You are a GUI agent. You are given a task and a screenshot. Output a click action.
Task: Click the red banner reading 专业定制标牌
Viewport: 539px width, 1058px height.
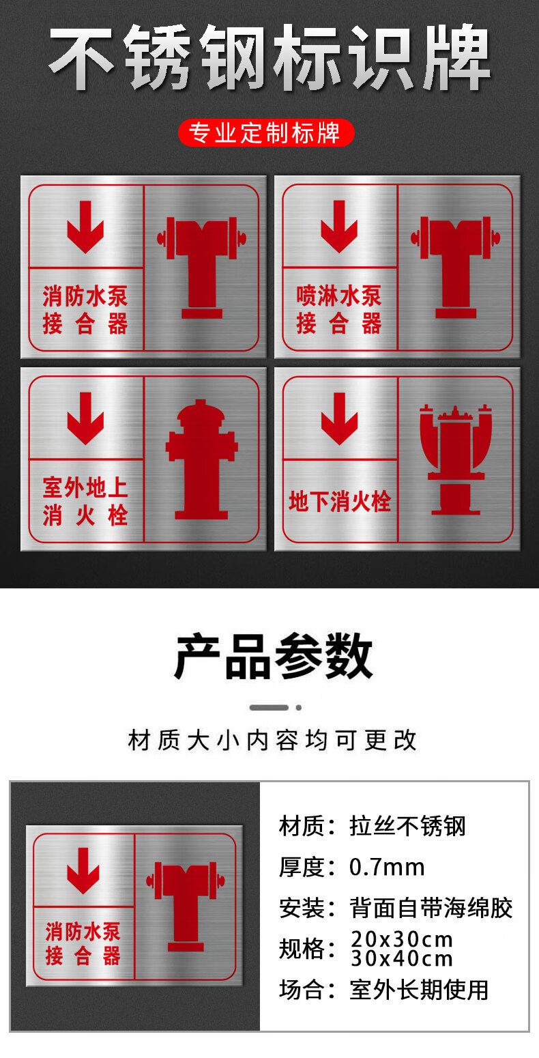tap(266, 132)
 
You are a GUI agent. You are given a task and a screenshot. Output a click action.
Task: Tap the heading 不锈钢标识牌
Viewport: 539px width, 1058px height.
tap(269, 58)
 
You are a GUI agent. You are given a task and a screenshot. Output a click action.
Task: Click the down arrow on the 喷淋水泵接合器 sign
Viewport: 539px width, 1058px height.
tap(339, 226)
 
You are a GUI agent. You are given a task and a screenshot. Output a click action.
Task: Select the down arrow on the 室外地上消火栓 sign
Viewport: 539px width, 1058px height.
tap(85, 418)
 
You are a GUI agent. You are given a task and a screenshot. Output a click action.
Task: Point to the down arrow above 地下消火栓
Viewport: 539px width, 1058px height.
tap(339, 418)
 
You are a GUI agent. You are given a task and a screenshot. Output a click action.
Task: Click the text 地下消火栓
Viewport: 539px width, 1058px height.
tap(339, 502)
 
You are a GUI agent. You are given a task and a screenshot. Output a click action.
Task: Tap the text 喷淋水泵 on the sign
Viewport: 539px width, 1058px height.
tap(339, 296)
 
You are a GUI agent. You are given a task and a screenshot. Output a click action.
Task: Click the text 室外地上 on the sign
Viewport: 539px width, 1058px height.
tap(85, 487)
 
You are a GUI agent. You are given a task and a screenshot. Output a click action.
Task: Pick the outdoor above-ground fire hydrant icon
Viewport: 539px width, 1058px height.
tap(201, 459)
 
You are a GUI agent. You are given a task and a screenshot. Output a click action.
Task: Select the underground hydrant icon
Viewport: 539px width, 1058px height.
tap(455, 459)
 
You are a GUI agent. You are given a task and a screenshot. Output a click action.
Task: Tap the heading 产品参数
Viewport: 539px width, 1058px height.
tap(273, 657)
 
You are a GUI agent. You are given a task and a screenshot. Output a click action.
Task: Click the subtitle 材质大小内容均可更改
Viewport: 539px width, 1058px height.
tap(272, 741)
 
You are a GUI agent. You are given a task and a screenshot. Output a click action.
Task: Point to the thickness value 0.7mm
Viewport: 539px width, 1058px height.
tap(387, 867)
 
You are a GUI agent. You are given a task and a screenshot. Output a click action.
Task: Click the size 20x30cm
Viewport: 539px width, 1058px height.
tap(401, 939)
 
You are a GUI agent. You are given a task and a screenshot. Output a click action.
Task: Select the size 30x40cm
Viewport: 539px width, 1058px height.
tap(401, 958)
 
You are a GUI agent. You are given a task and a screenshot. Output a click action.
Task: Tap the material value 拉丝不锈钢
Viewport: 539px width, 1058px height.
tap(407, 827)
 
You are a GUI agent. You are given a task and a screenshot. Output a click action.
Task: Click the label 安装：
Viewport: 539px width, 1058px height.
tap(306, 908)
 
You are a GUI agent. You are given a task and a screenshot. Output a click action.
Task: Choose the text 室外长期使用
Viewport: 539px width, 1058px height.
tap(419, 990)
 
